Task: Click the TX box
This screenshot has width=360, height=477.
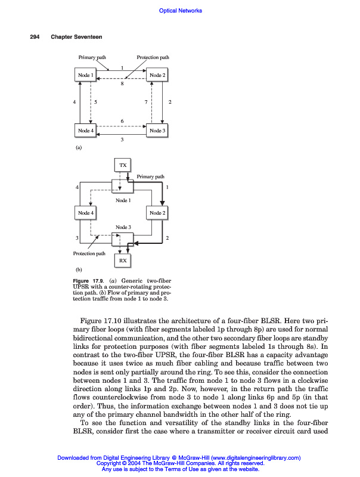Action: (x=123, y=165)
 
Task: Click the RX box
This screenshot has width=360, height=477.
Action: (x=123, y=261)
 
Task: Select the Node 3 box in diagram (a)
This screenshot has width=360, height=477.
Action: (x=158, y=131)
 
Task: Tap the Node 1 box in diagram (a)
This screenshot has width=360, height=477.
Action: (x=85, y=75)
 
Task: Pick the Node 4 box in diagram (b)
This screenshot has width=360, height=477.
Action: (x=85, y=213)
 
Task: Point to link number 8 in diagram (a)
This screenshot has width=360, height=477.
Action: (x=122, y=84)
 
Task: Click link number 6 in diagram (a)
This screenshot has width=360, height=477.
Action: (x=122, y=122)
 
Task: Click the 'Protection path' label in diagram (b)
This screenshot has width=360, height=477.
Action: (x=89, y=253)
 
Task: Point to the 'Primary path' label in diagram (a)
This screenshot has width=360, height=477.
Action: (x=92, y=57)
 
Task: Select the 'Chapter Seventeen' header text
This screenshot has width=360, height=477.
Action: (x=76, y=37)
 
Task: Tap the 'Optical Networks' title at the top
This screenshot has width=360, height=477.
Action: (x=181, y=10)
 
